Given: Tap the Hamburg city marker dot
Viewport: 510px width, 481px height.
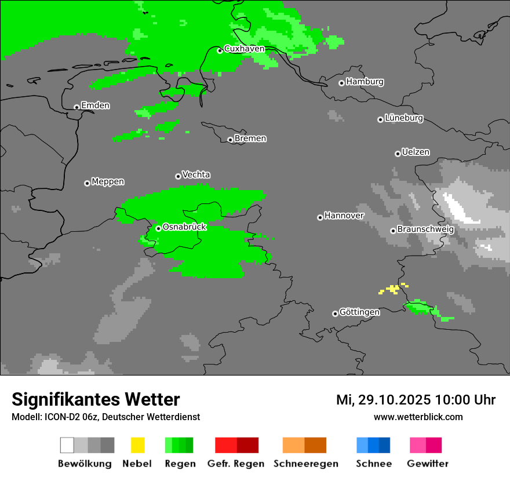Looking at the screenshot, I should tap(342, 83).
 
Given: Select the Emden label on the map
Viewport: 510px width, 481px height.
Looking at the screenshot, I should tap(95, 105).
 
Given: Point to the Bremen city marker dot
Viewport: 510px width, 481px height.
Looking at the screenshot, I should tap(230, 140).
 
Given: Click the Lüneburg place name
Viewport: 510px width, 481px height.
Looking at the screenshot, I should tap(403, 118).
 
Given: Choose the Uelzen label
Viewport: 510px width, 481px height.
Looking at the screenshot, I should tap(416, 152).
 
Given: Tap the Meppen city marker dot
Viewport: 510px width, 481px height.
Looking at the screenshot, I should tap(87, 183).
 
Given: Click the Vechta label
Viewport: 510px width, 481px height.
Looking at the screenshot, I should tap(196, 175).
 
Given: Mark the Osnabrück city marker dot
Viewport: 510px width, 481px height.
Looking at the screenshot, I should tap(158, 228).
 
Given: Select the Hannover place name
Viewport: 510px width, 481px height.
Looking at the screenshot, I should tap(344, 216).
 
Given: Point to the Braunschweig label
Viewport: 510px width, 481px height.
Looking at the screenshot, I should tap(425, 229).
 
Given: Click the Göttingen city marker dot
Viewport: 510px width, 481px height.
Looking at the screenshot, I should tap(335, 314).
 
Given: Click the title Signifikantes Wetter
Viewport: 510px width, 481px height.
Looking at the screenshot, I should tap(96, 399).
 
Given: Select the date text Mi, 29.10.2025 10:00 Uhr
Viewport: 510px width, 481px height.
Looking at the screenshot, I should tap(416, 400).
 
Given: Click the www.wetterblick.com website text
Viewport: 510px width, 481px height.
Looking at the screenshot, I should tap(418, 417).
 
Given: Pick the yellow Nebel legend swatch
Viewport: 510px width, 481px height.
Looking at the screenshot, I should tap(137, 445).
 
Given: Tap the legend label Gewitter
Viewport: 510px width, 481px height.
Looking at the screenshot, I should tap(427, 464).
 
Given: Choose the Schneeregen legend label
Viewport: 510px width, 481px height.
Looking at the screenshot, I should tap(305, 464).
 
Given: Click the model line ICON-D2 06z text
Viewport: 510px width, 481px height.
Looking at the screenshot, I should tap(105, 417).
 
